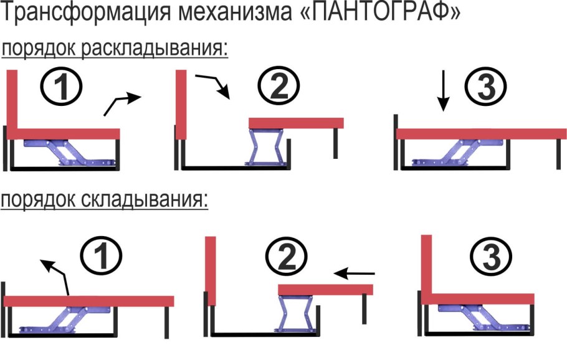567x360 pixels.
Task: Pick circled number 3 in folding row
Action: (x=490, y=256)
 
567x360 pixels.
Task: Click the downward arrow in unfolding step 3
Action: (x=442, y=91)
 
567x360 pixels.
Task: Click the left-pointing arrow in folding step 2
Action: (x=355, y=273)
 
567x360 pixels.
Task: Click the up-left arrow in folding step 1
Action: (x=56, y=275)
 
